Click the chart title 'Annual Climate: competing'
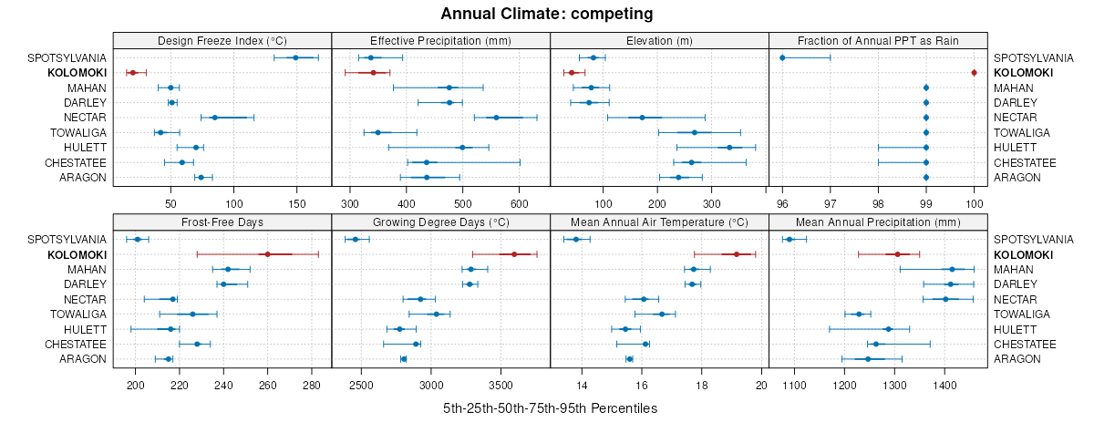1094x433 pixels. point(546,14)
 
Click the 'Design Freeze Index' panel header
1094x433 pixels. point(222,40)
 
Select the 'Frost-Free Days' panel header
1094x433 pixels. point(222,222)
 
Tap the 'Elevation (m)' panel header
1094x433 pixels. point(659,40)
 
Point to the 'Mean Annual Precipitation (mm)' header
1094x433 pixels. point(878,222)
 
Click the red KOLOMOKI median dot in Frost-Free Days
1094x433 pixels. point(267,254)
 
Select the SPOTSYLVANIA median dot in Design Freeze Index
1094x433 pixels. point(295,57)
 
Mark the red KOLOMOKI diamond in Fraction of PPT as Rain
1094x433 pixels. point(974,73)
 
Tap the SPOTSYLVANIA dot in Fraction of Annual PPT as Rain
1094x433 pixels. point(782,57)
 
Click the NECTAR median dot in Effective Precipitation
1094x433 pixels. point(496,118)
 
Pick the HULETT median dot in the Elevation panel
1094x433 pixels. point(729,147)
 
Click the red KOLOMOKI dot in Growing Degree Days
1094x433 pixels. point(514,254)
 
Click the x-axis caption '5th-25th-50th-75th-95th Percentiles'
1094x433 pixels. point(550,407)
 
